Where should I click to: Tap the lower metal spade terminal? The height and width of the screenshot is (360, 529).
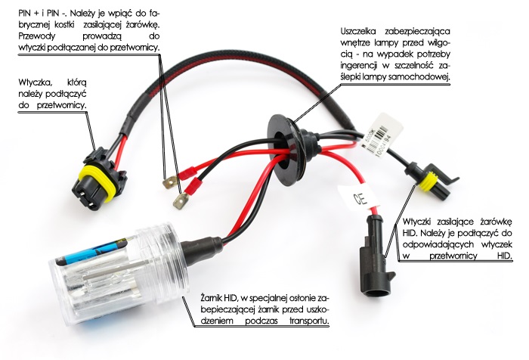pyautogui.click(x=181, y=201)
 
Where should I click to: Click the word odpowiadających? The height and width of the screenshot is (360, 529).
pyautogui.click(x=440, y=245)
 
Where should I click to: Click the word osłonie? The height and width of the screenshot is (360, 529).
pyautogui.click(x=296, y=297)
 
